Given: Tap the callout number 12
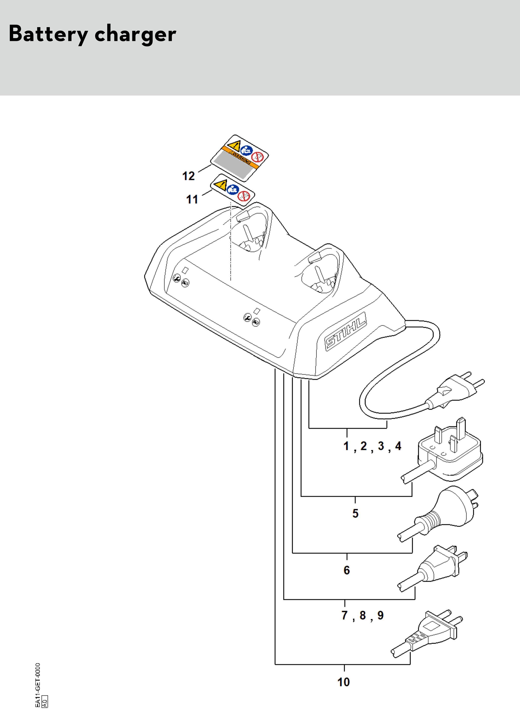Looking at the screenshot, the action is click(x=188, y=176).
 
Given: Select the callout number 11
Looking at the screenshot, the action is click(x=192, y=200).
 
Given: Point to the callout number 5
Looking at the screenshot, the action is click(x=355, y=513).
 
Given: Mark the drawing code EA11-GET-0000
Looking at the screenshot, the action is click(x=38, y=685).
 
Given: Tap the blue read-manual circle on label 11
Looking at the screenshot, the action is click(x=233, y=190).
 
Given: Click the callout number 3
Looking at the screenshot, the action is click(x=381, y=446).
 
